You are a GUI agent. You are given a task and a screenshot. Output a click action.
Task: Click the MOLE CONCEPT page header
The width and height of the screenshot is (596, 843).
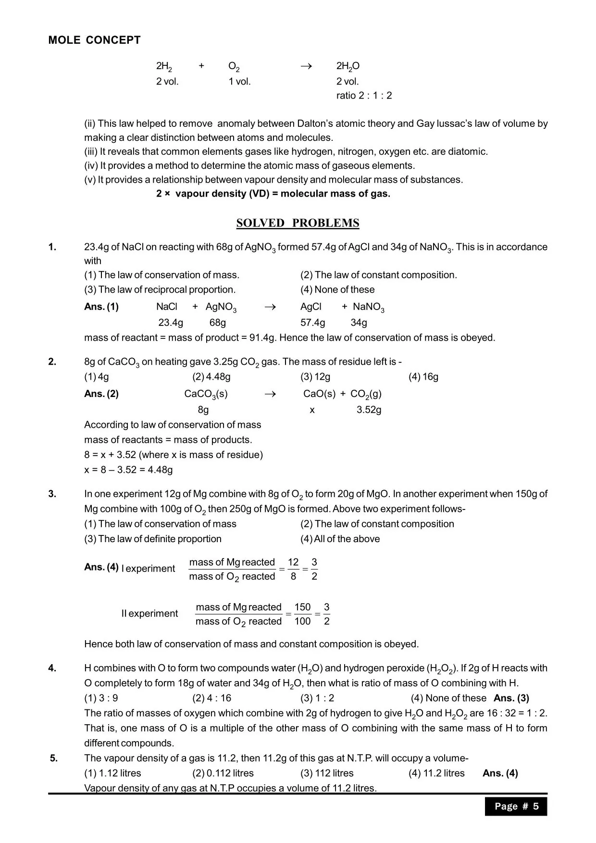94,40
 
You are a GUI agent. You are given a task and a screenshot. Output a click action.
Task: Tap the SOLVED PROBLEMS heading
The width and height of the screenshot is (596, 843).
298,223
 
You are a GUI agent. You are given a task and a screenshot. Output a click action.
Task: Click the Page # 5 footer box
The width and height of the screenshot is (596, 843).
516,806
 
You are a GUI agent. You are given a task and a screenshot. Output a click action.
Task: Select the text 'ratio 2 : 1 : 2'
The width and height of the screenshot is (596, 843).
364,96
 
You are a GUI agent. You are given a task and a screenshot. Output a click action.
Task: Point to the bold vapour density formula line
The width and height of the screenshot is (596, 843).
273,194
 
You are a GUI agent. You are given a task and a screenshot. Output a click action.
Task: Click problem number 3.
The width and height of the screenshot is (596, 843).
52,494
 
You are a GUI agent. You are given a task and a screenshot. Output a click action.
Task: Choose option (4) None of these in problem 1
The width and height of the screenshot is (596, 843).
337,289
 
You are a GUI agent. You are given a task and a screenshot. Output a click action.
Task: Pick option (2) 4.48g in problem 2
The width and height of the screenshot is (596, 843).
211,377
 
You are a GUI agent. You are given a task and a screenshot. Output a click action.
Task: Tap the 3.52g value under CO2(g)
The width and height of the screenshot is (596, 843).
369,410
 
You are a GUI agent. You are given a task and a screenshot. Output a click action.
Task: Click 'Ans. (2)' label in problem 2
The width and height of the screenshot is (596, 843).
101,394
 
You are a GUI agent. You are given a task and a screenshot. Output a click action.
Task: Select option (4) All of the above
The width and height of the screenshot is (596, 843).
340,539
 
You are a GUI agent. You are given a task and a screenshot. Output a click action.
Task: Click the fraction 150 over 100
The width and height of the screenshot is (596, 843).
302,614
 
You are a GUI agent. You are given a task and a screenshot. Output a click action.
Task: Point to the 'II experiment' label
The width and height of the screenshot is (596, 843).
149,614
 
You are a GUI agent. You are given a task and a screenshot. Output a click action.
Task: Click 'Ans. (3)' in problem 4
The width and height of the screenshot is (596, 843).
511,698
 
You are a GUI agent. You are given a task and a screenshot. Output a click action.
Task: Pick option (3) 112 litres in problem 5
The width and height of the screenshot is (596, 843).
327,773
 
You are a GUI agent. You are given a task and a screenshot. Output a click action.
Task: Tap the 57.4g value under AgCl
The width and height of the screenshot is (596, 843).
312,322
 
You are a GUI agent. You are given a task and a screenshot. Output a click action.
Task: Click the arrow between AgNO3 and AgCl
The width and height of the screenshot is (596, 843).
270,307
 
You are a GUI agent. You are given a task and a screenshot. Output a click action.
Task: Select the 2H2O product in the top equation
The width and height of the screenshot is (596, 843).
348,66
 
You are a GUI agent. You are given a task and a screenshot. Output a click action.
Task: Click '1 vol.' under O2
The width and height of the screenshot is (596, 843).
239,82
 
